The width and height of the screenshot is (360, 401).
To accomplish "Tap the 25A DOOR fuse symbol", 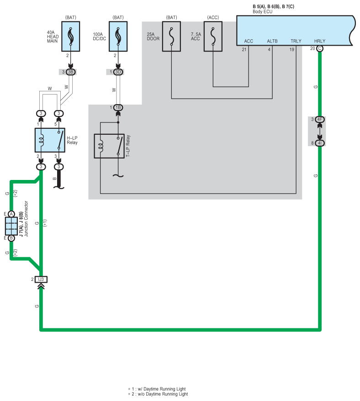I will tap(171, 36).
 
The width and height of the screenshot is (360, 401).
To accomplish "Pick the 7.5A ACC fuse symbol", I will tap(213, 36).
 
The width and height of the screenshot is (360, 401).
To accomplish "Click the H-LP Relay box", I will tap(50, 140).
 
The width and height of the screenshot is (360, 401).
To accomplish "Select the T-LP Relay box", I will tap(109, 146).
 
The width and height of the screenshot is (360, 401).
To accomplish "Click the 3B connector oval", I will tap(71, 72).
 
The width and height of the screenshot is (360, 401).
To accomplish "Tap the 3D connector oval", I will tap(118, 72).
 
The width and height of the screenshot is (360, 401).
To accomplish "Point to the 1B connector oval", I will tap(118, 107).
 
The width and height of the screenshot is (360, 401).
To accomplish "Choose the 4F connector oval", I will tap(320, 120).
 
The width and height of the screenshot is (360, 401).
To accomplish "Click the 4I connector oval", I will tap(320, 143).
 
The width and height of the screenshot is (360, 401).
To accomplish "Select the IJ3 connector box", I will tap(41, 279).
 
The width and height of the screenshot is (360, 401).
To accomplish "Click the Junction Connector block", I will tap(11, 226).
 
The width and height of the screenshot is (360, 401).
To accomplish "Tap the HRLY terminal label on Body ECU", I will tap(319, 41).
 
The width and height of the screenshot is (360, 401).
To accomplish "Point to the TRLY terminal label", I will tap(296, 41).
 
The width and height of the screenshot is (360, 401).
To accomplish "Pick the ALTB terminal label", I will tap(272, 41).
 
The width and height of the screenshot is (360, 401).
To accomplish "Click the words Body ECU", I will tap(262, 11).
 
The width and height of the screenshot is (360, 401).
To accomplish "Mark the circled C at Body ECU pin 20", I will tap(319, 48).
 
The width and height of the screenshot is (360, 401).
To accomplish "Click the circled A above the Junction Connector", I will tap(11, 214).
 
